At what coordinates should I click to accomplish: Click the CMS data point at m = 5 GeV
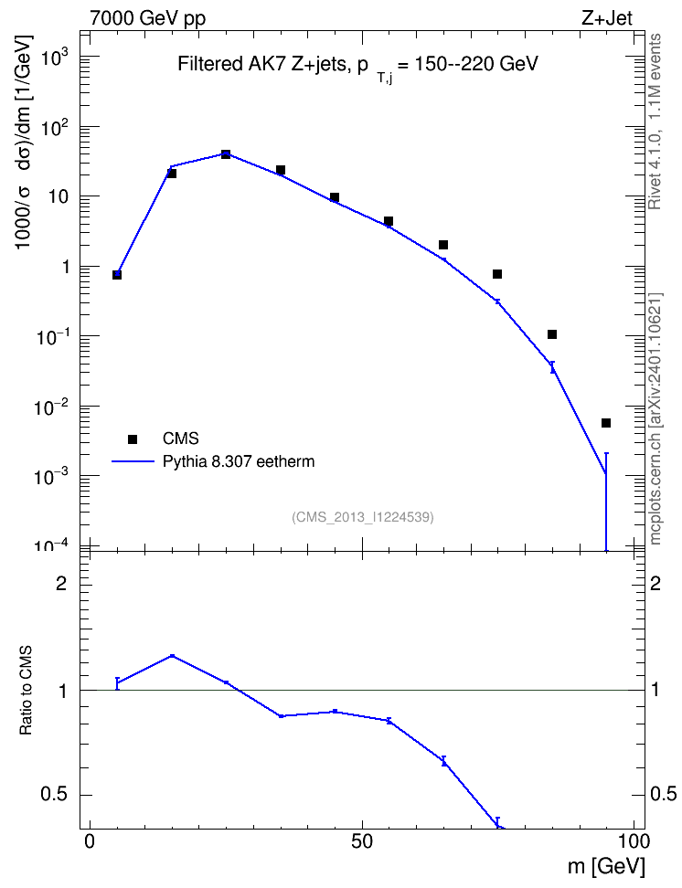[117, 275]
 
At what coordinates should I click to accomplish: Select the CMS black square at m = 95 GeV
[606, 423]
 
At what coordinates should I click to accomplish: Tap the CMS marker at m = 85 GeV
[552, 334]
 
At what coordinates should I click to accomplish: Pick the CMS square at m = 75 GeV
[497, 274]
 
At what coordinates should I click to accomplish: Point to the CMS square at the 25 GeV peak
[226, 154]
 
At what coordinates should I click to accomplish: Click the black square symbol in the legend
[133, 439]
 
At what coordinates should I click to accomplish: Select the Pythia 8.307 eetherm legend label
[239, 461]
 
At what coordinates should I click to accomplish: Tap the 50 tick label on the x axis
[362, 841]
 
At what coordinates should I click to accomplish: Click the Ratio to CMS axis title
[26, 691]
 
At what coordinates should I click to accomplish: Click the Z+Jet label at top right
[607, 18]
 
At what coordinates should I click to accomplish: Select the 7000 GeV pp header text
[148, 18]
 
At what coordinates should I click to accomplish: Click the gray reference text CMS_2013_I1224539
[363, 517]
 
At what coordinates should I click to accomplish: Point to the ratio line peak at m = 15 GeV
[172, 656]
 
